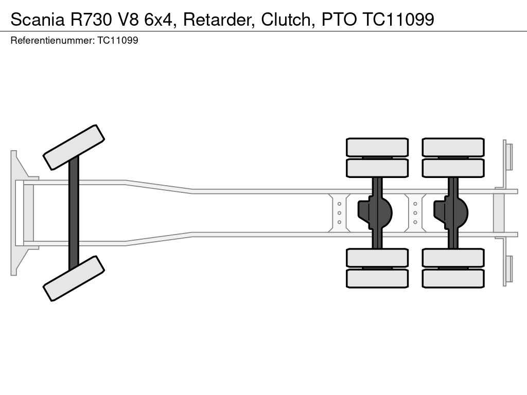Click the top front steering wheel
coord(74,147)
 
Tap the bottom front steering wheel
coord(74,278)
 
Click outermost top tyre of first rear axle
coord(377,147)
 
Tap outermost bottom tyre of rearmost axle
coord(453,278)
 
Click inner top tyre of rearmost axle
coord(453,168)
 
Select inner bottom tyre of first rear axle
coord(377,258)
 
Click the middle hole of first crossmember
coord(340,213)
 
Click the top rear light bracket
coord(508,157)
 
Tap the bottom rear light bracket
coord(508,269)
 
